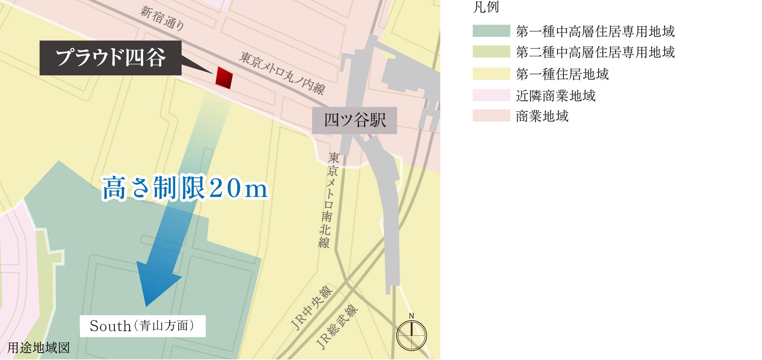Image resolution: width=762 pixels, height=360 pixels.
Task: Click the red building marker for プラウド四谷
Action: pyautogui.click(x=224, y=78)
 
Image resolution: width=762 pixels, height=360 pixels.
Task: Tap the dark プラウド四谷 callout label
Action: pyautogui.click(x=110, y=58)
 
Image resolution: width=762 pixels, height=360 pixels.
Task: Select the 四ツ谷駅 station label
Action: pyautogui.click(x=355, y=121)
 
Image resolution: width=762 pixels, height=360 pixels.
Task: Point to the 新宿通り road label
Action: pyautogui.click(x=162, y=18)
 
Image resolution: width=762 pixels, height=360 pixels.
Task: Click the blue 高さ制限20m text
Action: pyautogui.click(x=185, y=188)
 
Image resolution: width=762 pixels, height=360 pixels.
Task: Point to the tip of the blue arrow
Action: pyautogui.click(x=146, y=305)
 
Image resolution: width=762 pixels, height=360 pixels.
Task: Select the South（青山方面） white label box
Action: pyautogui.click(x=143, y=326)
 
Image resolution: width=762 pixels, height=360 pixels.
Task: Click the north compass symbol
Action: pyautogui.click(x=411, y=336)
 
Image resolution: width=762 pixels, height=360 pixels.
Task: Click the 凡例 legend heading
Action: pyautogui.click(x=486, y=7)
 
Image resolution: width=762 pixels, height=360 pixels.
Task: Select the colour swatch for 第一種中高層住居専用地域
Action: pyautogui.click(x=491, y=31)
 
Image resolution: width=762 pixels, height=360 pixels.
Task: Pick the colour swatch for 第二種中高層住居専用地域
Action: pyautogui.click(x=491, y=52)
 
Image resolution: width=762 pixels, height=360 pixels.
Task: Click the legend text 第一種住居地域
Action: pyautogui.click(x=562, y=74)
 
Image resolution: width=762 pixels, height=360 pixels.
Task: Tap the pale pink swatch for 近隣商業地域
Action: pyautogui.click(x=491, y=95)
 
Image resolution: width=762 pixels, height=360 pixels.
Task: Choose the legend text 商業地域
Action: pyautogui.click(x=542, y=116)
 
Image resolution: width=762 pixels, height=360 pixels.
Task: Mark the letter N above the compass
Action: pyautogui.click(x=411, y=316)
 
